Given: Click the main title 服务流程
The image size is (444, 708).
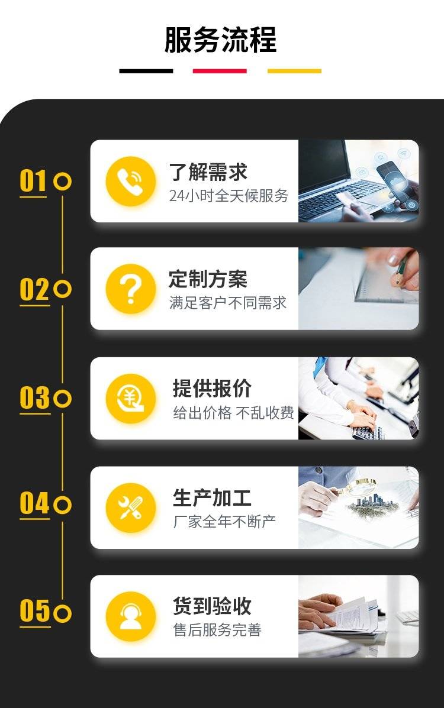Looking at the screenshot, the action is tap(220, 40).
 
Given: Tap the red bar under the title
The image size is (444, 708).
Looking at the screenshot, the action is tap(220, 71).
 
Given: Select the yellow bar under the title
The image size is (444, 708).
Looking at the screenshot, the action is tap(294, 71).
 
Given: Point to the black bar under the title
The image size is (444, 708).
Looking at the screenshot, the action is tap(146, 71).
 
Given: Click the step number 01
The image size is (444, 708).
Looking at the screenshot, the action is tap(33, 181).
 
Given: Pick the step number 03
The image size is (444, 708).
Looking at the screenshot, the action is tap(34, 397).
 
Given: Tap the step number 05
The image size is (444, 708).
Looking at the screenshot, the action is tap(34, 611).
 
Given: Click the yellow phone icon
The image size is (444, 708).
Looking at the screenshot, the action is tap(131, 182).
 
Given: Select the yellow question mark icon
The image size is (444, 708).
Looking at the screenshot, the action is tap(131, 289).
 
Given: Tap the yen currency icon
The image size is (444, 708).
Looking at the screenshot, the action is tap(131, 399).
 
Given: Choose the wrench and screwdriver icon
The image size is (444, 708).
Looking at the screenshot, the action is tap(131, 507).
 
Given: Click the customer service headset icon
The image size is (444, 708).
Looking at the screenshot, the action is tap(131, 616).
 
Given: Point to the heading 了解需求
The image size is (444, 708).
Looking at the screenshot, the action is tap(208, 172).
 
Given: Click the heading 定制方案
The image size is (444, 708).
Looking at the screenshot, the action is tap(208, 279).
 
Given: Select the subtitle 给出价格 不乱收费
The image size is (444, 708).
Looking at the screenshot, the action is tap(233, 412).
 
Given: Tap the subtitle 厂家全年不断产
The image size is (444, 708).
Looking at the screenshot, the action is tap(224, 522).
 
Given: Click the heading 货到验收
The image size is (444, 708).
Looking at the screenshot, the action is tap(212, 606).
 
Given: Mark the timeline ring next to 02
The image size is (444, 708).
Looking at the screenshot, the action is tap(62, 289).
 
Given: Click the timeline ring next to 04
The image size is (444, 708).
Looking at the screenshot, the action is tap(62, 505).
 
